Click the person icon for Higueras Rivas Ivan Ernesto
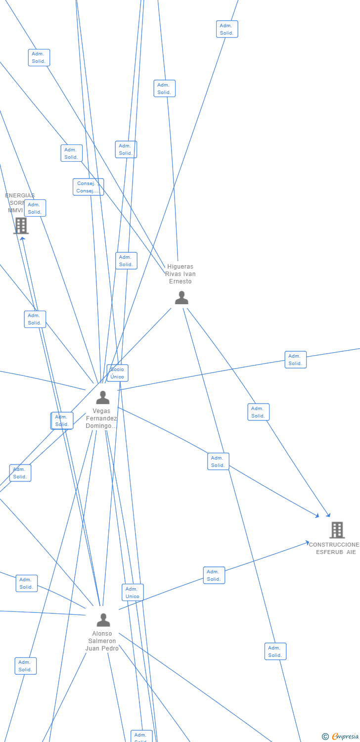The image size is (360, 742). click(181, 298)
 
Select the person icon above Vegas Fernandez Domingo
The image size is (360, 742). click(103, 397)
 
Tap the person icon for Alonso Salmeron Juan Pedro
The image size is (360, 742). click(103, 620)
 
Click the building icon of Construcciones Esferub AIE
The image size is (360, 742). click(337, 530)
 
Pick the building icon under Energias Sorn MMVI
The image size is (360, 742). click(21, 226)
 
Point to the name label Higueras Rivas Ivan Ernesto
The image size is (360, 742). click(180, 274)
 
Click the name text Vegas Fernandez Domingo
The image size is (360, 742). click(101, 418)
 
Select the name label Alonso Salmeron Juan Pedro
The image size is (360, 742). click(102, 641)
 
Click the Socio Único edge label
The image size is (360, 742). click(118, 373)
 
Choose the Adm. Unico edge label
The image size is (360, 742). click(133, 593)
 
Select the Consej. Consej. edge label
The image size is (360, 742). click(88, 187)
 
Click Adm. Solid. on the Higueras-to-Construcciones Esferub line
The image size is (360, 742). click(258, 412)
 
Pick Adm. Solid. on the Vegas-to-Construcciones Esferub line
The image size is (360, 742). click(218, 462)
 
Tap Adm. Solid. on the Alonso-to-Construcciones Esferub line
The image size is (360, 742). click(214, 575)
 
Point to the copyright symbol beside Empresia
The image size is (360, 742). click(325, 737)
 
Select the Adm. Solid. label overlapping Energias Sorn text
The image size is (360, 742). click(35, 208)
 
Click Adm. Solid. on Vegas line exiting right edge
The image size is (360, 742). click(295, 360)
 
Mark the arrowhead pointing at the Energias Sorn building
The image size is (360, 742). click(22, 239)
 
